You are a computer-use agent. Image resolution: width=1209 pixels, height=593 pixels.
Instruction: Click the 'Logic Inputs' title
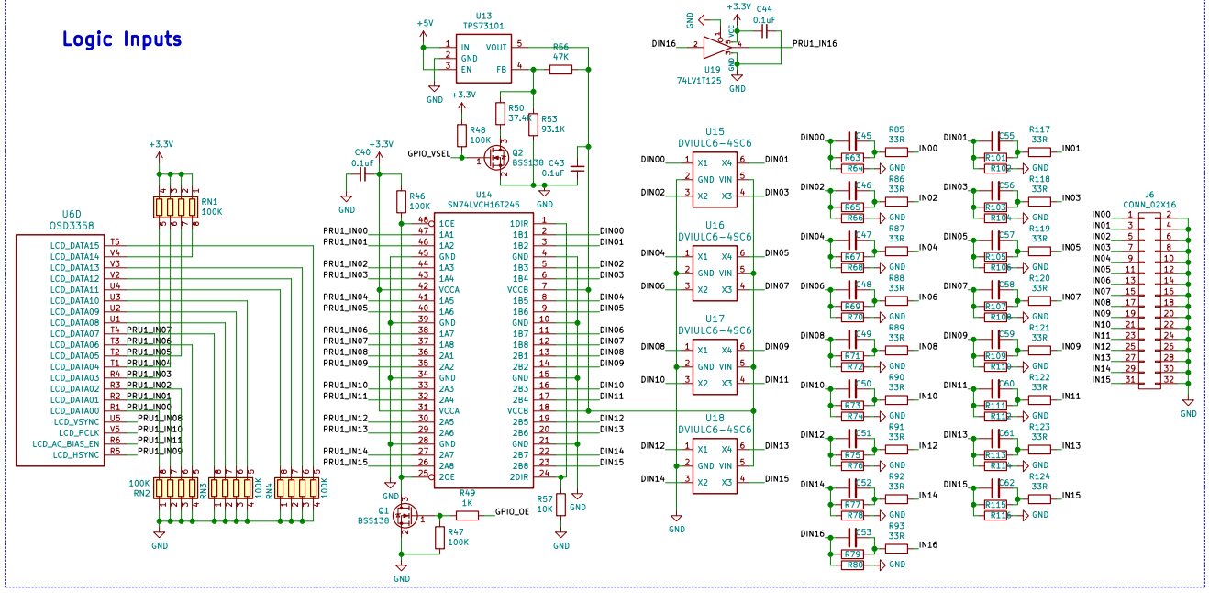(121, 39)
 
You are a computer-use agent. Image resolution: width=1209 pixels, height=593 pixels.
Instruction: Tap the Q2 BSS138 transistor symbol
(498, 158)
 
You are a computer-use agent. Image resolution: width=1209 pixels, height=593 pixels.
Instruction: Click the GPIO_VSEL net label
(428, 153)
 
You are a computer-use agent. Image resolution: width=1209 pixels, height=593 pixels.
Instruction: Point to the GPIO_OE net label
(512, 512)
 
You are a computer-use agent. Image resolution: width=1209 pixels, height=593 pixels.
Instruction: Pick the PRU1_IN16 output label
(815, 43)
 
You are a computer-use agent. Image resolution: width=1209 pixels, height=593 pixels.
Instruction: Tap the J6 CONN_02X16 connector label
(1149, 199)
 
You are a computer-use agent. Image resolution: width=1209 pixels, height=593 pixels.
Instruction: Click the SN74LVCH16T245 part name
(482, 206)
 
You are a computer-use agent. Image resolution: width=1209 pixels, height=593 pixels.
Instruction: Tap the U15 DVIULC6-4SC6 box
(715, 178)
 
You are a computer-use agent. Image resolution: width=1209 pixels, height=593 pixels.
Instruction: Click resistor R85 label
(896, 129)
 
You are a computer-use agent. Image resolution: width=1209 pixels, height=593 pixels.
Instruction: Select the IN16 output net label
(927, 545)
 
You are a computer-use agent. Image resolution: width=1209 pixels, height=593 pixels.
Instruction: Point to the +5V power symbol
(425, 24)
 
